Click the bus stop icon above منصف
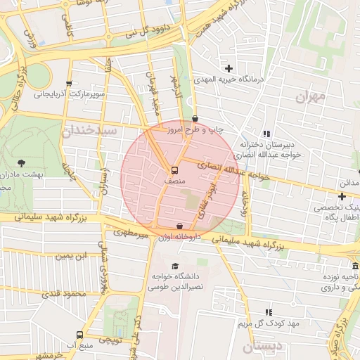174,169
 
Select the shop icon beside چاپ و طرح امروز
195,119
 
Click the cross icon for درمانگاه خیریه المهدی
229,68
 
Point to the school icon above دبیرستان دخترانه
266,134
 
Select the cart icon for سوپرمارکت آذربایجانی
68,82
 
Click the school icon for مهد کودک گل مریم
268,311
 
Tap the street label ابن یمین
75,255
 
